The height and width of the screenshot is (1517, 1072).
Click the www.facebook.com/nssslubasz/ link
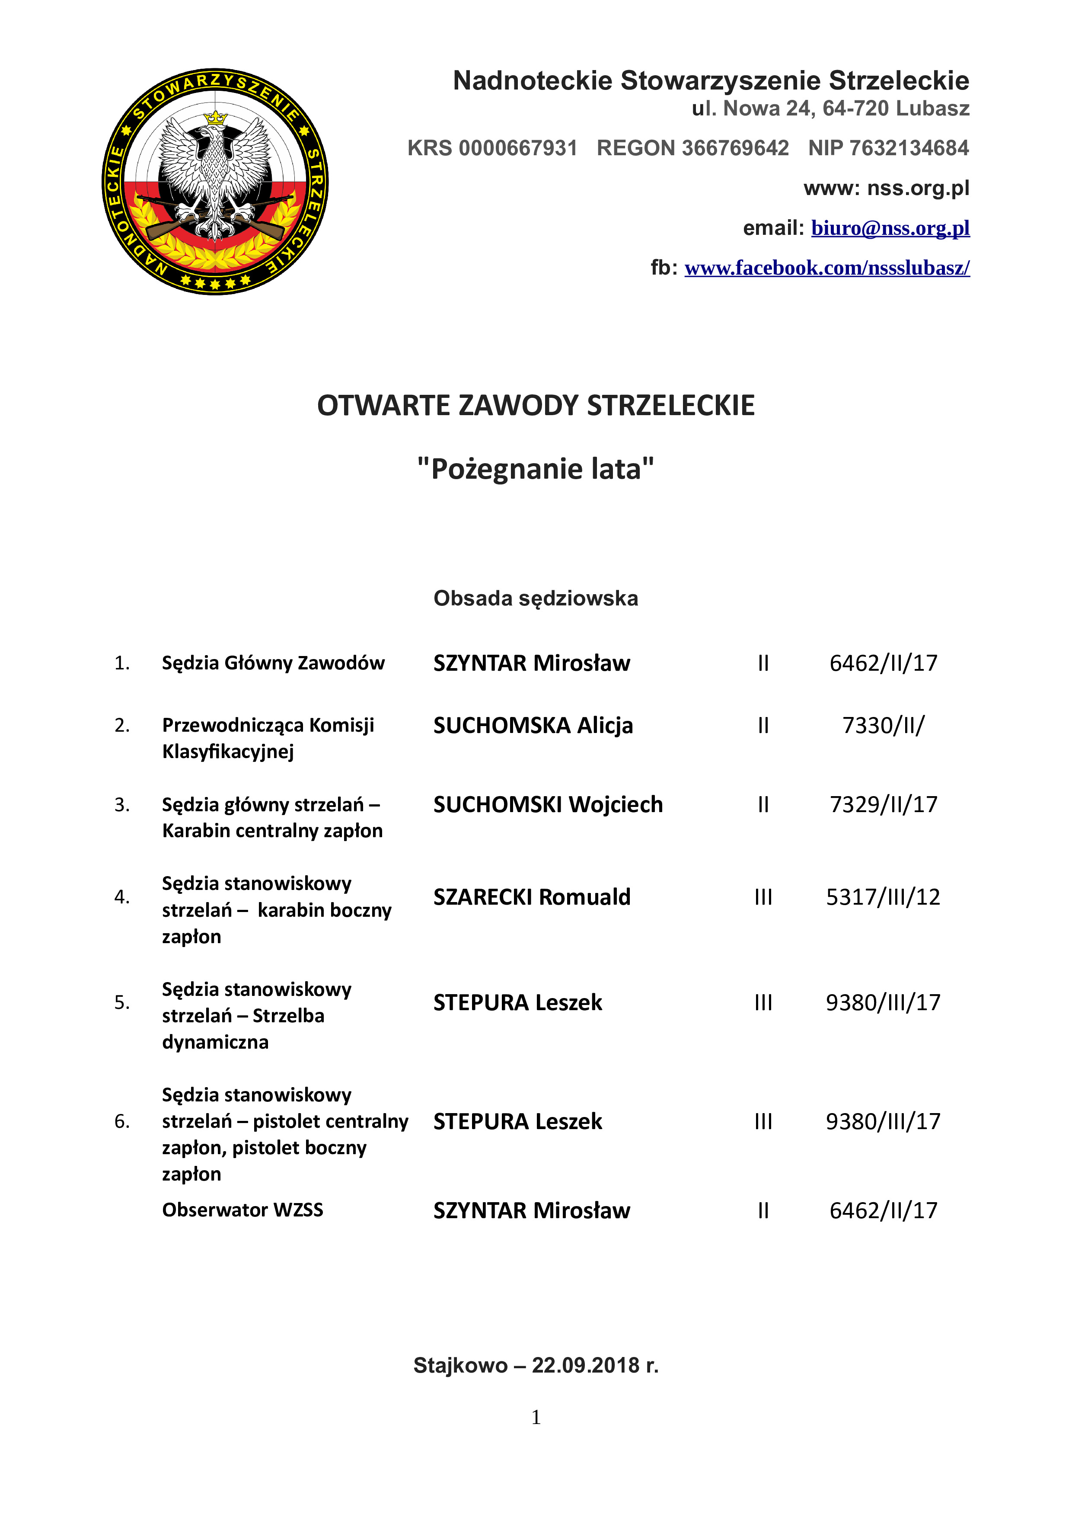click(826, 268)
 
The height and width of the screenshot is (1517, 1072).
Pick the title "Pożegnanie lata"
click(536, 469)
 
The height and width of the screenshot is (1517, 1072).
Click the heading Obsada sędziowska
click(536, 598)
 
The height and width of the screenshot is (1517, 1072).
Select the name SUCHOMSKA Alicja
click(533, 726)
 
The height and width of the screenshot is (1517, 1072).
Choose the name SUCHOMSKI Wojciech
click(548, 805)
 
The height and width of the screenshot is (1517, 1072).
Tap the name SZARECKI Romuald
click(532, 897)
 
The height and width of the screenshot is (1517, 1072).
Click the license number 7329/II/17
click(883, 805)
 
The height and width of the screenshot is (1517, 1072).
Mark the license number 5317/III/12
click(883, 897)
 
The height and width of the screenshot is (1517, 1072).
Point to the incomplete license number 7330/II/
click(883, 726)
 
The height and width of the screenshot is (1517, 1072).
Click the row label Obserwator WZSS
click(242, 1210)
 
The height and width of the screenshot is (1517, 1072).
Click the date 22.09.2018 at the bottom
click(586, 1366)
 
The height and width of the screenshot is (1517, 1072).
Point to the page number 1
click(536, 1417)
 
